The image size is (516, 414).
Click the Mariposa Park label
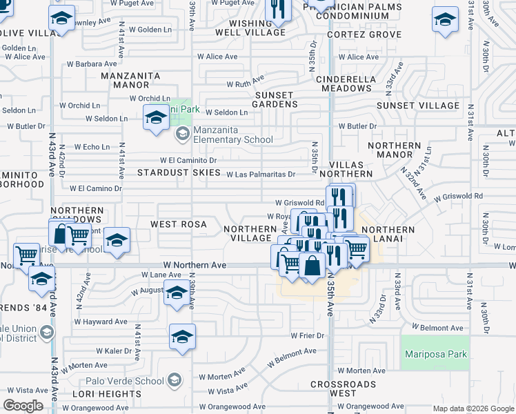pyautogui.click(x=435, y=355)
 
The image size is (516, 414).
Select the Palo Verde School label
pyautogui.click(x=125, y=381)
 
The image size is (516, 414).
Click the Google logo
pyautogui.click(x=23, y=405)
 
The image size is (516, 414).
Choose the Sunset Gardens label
pyautogui.click(x=277, y=99)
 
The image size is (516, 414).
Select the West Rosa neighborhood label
pyautogui.click(x=175, y=225)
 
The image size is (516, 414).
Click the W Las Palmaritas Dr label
pyautogui.click(x=261, y=175)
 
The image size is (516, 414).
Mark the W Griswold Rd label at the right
pyautogui.click(x=458, y=196)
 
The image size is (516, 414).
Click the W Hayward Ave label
pyautogui.click(x=101, y=322)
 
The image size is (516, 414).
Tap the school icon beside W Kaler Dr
pyautogui.click(x=183, y=337)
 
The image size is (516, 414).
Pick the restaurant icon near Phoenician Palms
pyautogui.click(x=278, y=9)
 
